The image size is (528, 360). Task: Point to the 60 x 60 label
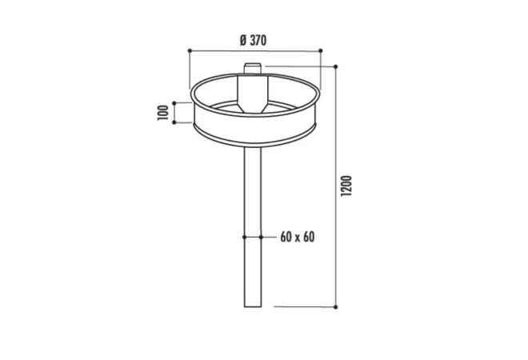click(x=296, y=238)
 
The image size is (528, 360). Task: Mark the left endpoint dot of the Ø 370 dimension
click(x=190, y=50)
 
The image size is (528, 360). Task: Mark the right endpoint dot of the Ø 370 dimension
click(x=321, y=50)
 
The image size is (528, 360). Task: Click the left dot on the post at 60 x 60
click(x=244, y=238)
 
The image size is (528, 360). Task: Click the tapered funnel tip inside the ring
click(x=252, y=106)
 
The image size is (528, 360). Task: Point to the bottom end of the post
click(x=252, y=306)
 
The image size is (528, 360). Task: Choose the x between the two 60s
click(x=296, y=238)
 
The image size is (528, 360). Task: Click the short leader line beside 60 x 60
click(x=269, y=238)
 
